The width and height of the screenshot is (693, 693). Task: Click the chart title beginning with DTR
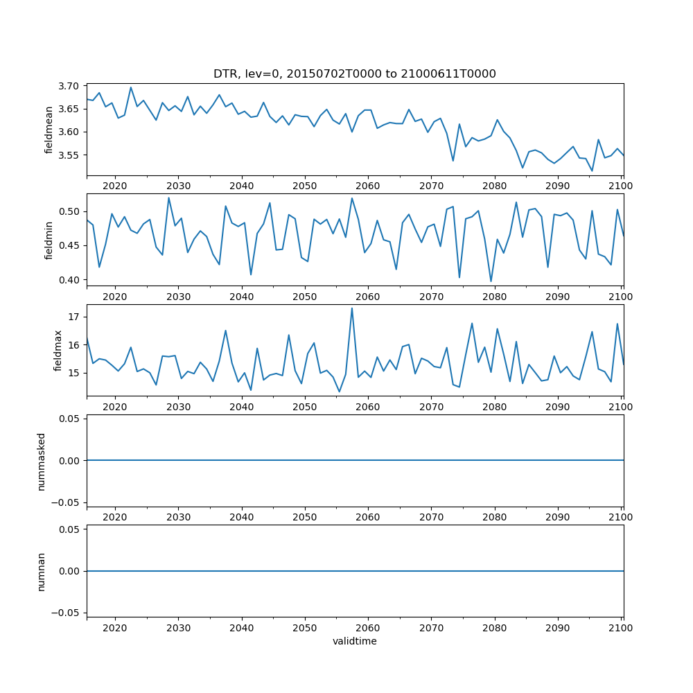click(x=354, y=74)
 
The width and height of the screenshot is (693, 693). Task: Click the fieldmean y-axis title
click(x=49, y=130)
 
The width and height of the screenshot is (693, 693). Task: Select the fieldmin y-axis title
click(x=49, y=240)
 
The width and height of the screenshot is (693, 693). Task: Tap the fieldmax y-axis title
click(x=58, y=350)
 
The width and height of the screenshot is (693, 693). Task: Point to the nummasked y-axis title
click(x=41, y=461)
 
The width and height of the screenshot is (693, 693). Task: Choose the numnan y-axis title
click(x=41, y=571)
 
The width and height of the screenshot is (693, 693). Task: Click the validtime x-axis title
click(x=354, y=642)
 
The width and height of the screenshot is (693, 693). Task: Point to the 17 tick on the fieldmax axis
click(x=73, y=317)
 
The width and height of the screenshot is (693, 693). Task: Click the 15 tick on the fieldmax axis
click(x=73, y=373)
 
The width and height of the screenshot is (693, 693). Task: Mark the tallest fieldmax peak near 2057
click(x=352, y=308)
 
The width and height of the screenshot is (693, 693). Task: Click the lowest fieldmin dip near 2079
click(x=491, y=281)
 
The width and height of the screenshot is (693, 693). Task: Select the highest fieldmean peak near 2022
click(x=131, y=87)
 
